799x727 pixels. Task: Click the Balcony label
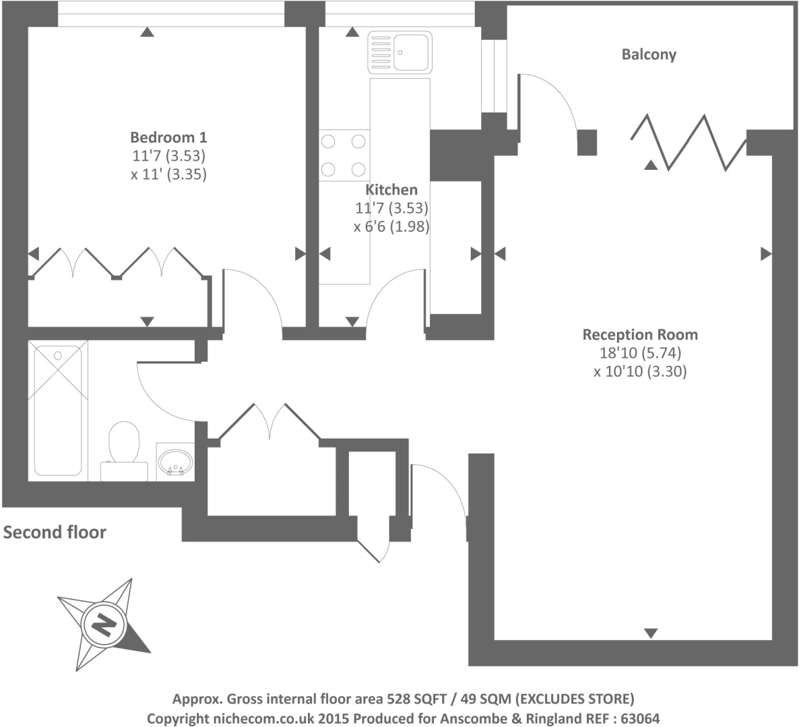(x=648, y=55)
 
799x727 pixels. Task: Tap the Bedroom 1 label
(x=168, y=137)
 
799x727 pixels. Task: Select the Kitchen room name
(x=391, y=190)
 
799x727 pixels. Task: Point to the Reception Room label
(x=639, y=334)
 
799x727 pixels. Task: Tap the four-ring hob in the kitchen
(x=344, y=155)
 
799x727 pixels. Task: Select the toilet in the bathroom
(x=123, y=448)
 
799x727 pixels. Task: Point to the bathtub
(x=58, y=410)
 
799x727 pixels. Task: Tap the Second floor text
(x=55, y=532)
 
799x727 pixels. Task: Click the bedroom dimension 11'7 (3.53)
(x=168, y=156)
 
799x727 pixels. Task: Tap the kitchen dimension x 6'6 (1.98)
(x=391, y=227)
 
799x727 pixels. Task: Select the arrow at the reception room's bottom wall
(x=650, y=633)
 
